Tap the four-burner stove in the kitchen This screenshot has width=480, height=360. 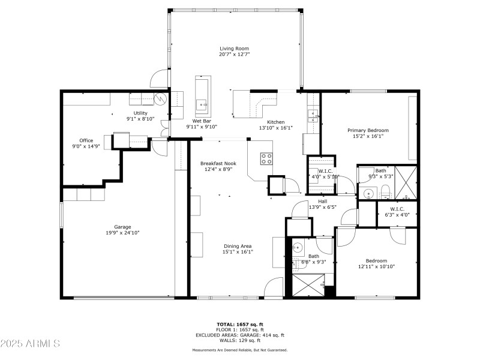[x=266, y=158]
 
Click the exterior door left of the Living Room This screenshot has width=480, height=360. [x=160, y=79]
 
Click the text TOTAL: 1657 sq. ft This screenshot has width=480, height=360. [x=239, y=324]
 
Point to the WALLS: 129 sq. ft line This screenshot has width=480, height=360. [x=239, y=340]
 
